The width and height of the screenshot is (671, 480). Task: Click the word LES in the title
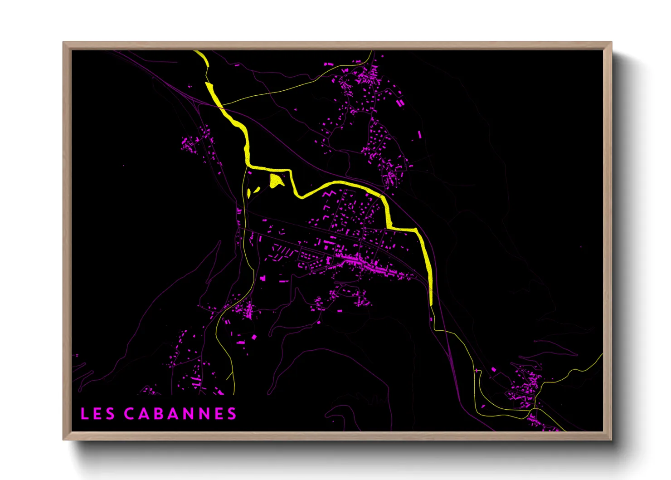click(x=97, y=413)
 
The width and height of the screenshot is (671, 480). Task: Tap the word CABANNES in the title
click(x=180, y=413)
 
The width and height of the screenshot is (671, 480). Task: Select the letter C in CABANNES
click(x=129, y=413)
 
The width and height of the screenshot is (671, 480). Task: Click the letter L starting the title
click(x=84, y=413)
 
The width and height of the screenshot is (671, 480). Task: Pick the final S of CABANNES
click(x=232, y=413)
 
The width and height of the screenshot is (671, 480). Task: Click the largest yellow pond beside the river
click(x=276, y=181)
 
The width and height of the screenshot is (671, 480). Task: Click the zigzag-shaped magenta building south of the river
click(x=330, y=195)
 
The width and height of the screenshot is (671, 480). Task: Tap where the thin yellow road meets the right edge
click(x=602, y=355)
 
